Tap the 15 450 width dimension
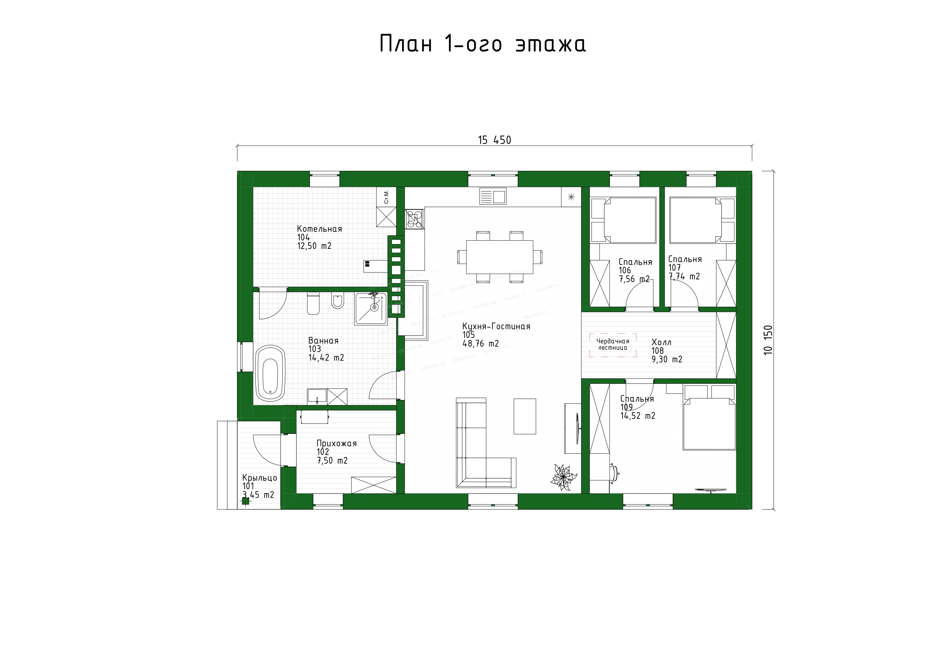[x=494, y=140]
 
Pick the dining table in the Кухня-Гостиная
[x=500, y=257]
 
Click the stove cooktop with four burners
[x=414, y=219]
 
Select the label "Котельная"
[x=319, y=229]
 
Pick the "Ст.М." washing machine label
[x=386, y=197]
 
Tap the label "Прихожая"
[x=336, y=443]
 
